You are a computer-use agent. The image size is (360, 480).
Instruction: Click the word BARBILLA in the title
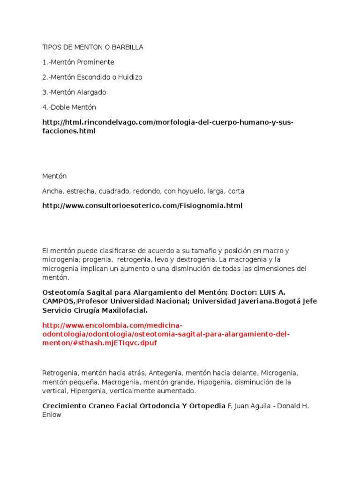click(127, 47)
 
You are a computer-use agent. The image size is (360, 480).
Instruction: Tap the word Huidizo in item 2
click(130, 77)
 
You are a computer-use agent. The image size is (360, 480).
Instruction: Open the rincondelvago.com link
click(167, 122)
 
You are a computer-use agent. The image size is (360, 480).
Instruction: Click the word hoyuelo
click(187, 191)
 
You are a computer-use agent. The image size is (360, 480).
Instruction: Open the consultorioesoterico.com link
click(142, 206)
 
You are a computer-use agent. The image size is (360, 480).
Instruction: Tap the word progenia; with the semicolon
click(99, 260)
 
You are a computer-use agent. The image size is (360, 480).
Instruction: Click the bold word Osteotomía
click(63, 292)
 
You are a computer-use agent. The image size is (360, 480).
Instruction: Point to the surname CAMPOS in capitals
click(58, 301)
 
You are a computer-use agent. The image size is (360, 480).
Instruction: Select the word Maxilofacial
click(124, 310)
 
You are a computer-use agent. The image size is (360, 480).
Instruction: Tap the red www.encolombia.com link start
click(112, 325)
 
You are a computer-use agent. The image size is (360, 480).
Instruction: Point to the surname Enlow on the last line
click(52, 415)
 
